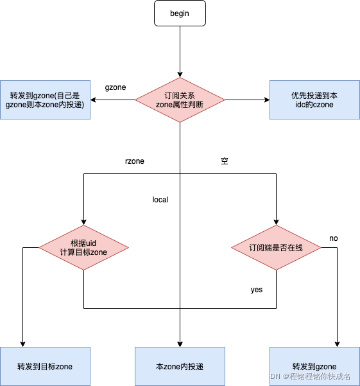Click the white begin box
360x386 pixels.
pyautogui.click(x=180, y=13)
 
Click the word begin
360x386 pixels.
pyautogui.click(x=180, y=13)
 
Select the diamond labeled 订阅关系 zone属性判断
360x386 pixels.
pyautogui.click(x=180, y=100)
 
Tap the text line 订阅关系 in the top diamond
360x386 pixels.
pyautogui.click(x=180, y=95)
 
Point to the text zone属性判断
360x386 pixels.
pyautogui.click(x=180, y=105)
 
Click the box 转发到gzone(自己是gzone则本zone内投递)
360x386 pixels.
pyautogui.click(x=45, y=100)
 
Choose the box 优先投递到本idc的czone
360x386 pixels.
pyautogui.click(x=314, y=100)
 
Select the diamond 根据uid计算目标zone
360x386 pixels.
pyautogui.click(x=83, y=247)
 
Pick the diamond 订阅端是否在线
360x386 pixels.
pyautogui.click(x=276, y=247)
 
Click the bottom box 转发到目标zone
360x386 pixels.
pyautogui.click(x=45, y=366)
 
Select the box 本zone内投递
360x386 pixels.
pyautogui.click(x=180, y=366)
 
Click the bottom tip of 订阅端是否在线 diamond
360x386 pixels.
pyautogui.click(x=276, y=269)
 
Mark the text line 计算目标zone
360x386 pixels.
pyautogui.click(x=83, y=252)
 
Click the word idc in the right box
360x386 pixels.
pyautogui.click(x=301, y=105)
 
